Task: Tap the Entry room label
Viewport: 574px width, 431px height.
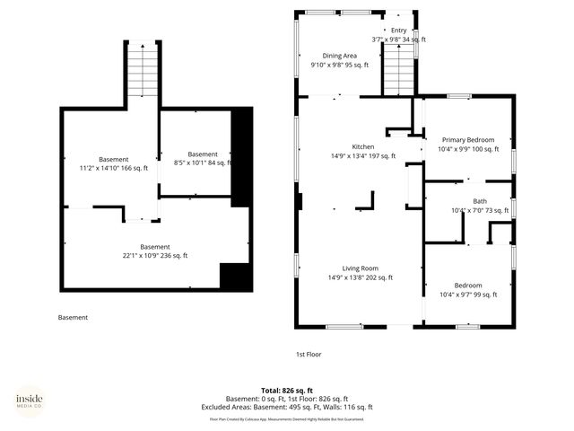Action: click(398, 31)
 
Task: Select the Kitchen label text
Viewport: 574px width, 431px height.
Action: click(362, 146)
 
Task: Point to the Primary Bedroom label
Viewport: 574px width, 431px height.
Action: click(467, 140)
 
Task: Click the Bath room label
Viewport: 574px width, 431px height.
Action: click(480, 201)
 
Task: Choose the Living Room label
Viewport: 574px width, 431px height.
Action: click(358, 268)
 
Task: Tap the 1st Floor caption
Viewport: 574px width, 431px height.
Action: click(308, 354)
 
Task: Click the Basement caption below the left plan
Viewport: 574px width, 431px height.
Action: click(73, 317)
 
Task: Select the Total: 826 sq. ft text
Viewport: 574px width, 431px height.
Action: click(286, 391)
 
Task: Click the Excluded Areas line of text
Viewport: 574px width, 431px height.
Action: click(286, 407)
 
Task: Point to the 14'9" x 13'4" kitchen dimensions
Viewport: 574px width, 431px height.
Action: click(362, 155)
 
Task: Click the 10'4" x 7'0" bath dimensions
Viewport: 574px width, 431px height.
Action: click(480, 210)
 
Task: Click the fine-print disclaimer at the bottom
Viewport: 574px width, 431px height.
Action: click(286, 418)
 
